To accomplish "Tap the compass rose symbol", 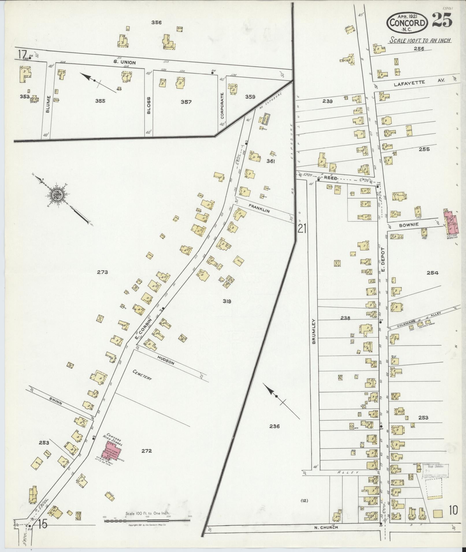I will pyautogui.click(x=57, y=195).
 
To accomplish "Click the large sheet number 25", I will pyautogui.click(x=442, y=21).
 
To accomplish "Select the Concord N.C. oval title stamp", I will pyautogui.click(x=408, y=22).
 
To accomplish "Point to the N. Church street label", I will pyautogui.click(x=326, y=527).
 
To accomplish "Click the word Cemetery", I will pyautogui.click(x=142, y=375).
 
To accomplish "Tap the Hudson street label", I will pyautogui.click(x=166, y=360).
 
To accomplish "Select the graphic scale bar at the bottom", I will pyautogui.click(x=147, y=520).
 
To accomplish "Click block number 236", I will pyautogui.click(x=274, y=426).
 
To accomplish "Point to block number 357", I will pyautogui.click(x=186, y=102).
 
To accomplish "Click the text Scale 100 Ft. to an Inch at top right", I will pyautogui.click(x=420, y=40).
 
